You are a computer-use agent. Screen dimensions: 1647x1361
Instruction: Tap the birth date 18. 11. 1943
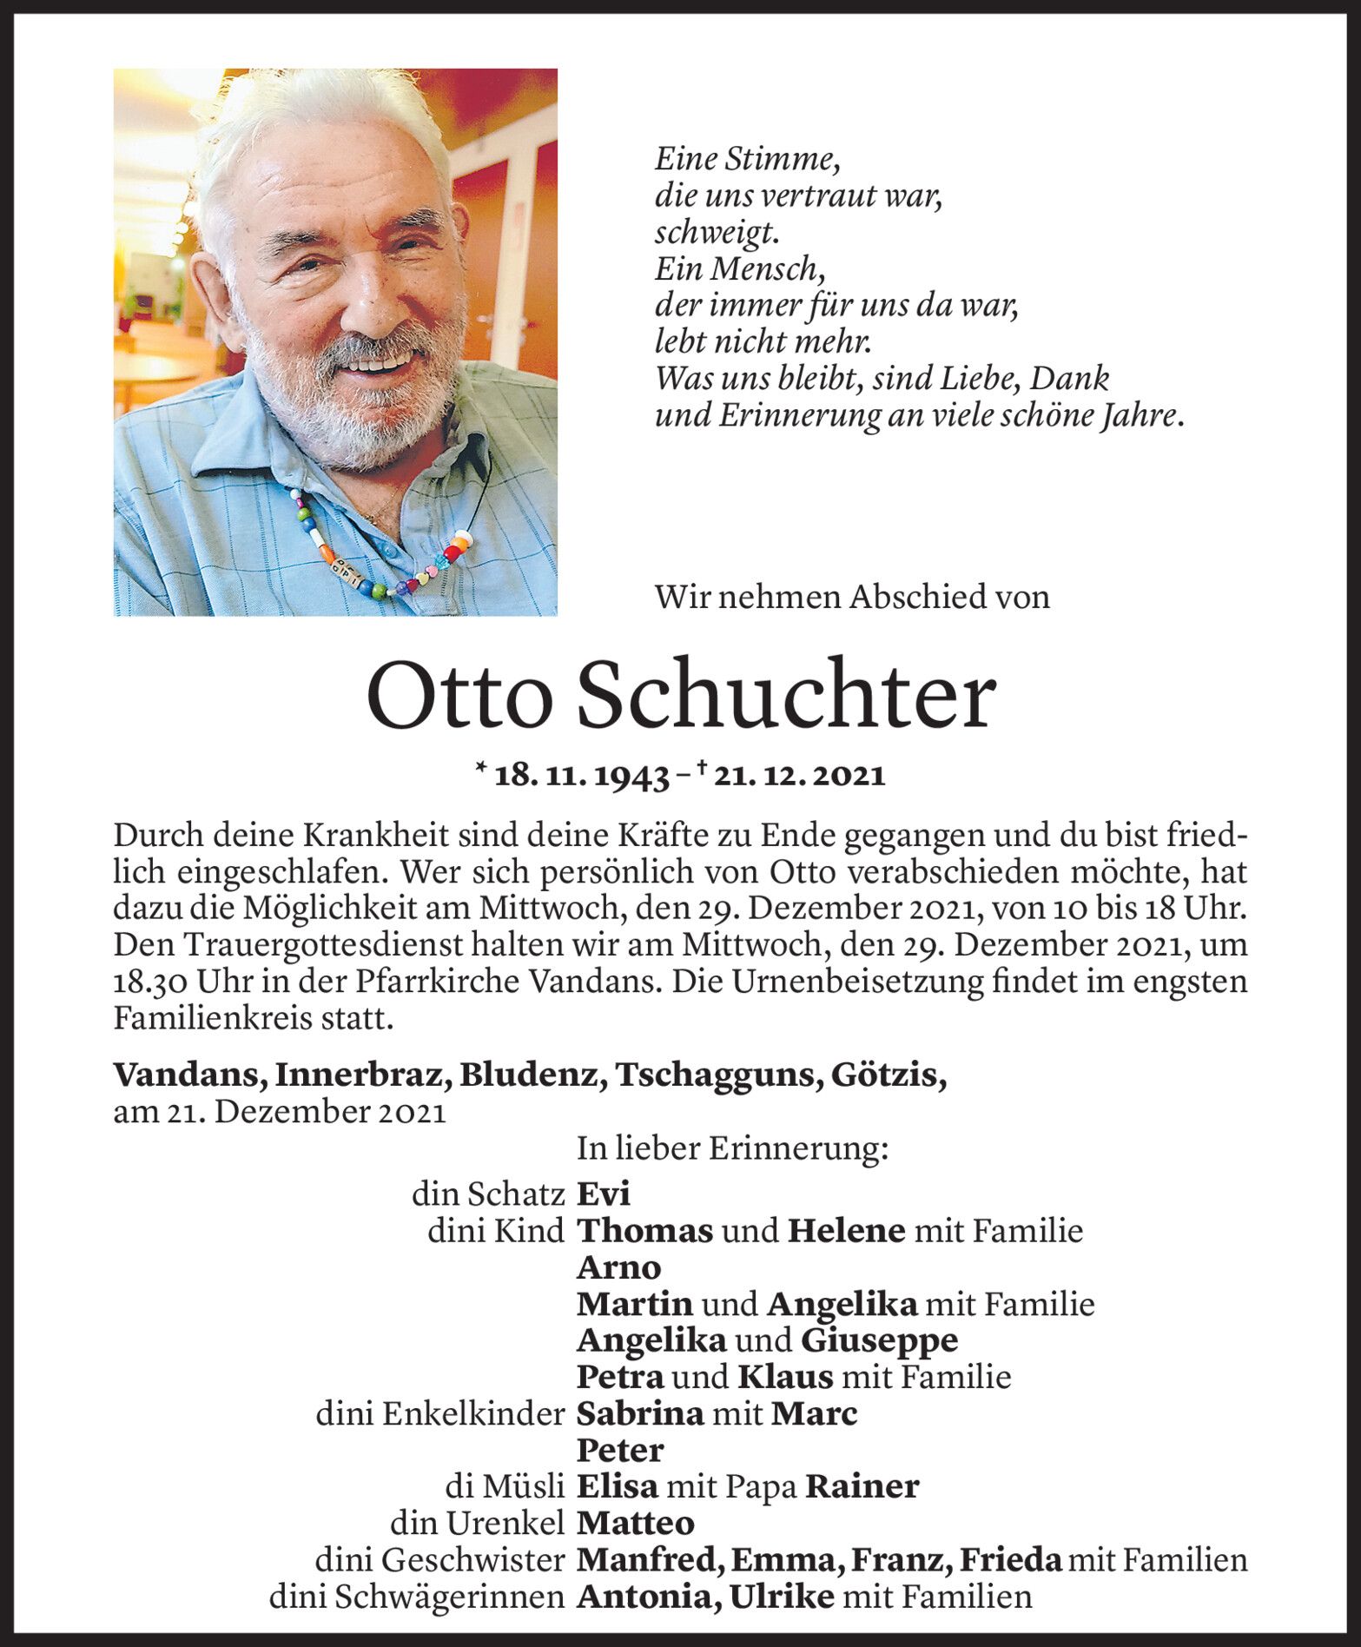580,776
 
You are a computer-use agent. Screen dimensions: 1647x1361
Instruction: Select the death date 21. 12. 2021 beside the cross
800,776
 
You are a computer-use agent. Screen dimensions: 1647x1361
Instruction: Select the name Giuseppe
878,1340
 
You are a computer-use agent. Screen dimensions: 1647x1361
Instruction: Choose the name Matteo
636,1523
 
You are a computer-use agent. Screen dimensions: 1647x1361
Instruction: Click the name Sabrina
640,1413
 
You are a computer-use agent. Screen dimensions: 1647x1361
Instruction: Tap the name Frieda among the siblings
1010,1559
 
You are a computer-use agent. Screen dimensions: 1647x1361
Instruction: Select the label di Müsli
503,1486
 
